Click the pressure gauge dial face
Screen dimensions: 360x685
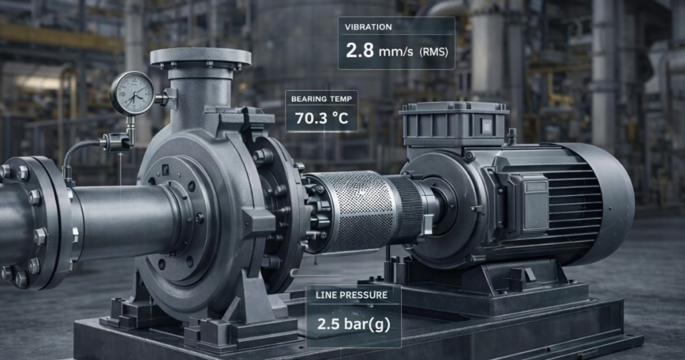point(132,93)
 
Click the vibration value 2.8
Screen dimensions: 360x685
point(360,51)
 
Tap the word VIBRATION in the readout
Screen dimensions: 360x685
point(368,27)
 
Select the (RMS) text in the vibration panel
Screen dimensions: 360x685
point(432,52)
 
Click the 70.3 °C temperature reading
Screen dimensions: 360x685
point(322,118)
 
